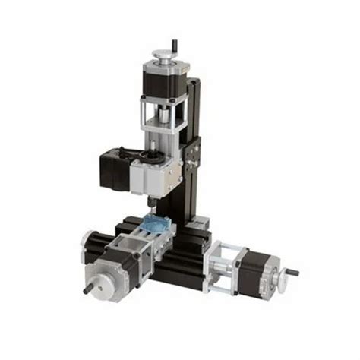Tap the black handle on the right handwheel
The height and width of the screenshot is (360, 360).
point(291,272)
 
